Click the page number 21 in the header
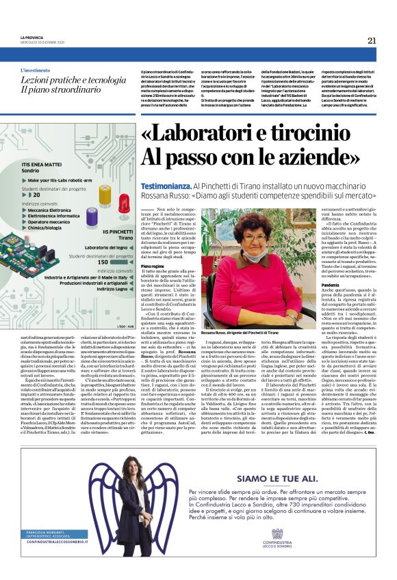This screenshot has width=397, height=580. coord(372,40)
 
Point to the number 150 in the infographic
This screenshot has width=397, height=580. coord(102,261)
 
